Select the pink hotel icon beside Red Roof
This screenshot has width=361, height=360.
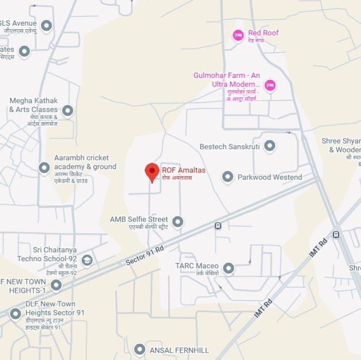pyautogui.click(x=238, y=35)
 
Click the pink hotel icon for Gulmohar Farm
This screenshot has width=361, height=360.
pyautogui.click(x=270, y=85)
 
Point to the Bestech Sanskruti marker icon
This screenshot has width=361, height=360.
pyautogui.click(x=269, y=145)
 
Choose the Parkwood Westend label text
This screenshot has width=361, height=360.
pyautogui.click(x=270, y=177)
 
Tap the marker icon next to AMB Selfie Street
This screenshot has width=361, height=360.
pyautogui.click(x=178, y=221)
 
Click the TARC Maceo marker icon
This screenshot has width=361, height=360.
pyautogui.click(x=228, y=268)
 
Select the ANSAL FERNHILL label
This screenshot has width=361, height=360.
pyautogui.click(x=179, y=350)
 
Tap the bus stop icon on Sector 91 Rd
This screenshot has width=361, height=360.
pyautogui.click(x=218, y=226)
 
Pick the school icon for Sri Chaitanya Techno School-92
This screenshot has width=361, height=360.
pyautogui.click(x=87, y=260)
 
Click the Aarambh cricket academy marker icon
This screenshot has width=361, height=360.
pyautogui.click(x=44, y=168)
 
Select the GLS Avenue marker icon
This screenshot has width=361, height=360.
pyautogui.click(x=47, y=25)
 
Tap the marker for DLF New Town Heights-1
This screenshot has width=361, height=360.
pyautogui.click(x=56, y=285)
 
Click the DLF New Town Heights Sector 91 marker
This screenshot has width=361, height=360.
pyautogui.click(x=16, y=314)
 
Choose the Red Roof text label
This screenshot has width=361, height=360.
pyautogui.click(x=263, y=33)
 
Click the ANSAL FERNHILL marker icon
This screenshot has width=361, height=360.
pyautogui.click(x=140, y=349)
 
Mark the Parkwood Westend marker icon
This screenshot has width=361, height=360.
pyautogui.click(x=228, y=177)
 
